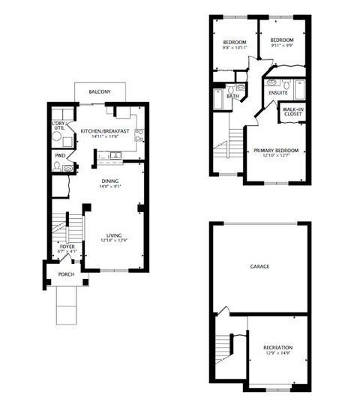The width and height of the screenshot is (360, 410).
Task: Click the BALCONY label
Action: click(x=100, y=91)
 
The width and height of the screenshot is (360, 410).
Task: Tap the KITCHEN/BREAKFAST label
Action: click(x=105, y=131)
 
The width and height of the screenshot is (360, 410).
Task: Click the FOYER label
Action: click(x=67, y=245)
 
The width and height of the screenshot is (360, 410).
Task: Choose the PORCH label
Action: click(x=67, y=275)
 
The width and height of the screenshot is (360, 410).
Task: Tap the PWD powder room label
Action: click(x=59, y=156)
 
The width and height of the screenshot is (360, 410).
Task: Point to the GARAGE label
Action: click(x=259, y=266)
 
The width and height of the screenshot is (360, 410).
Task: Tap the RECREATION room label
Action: click(x=277, y=348)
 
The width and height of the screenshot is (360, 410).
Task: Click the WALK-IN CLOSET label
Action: click(x=292, y=112)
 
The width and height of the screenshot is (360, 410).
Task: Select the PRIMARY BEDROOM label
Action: click(x=276, y=151)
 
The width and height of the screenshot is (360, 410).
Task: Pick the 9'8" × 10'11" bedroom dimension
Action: click(x=234, y=46)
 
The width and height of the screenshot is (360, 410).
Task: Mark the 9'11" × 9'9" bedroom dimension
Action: click(x=281, y=46)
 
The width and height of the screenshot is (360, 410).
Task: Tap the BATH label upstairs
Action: click(x=233, y=96)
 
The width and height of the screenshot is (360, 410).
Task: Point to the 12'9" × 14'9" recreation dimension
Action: click(x=277, y=354)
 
